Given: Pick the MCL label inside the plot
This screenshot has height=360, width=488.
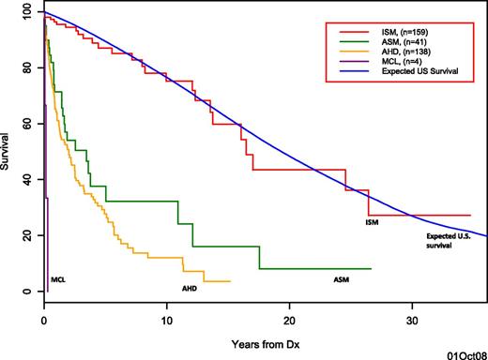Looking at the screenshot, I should click(59, 278).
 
